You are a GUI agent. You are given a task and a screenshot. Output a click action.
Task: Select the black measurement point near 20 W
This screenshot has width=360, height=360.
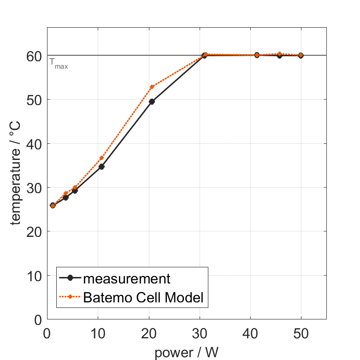point(152,101)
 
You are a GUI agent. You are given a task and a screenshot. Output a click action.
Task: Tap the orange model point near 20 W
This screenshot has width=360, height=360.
point(152,87)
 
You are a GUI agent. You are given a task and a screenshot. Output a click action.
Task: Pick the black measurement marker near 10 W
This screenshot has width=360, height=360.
point(101,166)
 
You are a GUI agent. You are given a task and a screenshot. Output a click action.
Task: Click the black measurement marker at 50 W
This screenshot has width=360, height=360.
point(301,55)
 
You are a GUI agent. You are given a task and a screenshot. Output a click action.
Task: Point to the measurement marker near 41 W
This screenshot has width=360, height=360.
point(257,55)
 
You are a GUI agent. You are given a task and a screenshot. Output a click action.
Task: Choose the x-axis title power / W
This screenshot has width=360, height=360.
point(186,353)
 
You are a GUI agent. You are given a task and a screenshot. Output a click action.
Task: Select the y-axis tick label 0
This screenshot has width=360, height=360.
point(38,319)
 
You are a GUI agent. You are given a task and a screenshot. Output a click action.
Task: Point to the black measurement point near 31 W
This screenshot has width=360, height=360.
point(204,55)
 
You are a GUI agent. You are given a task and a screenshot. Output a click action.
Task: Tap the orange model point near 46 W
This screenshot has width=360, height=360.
point(279,54)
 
